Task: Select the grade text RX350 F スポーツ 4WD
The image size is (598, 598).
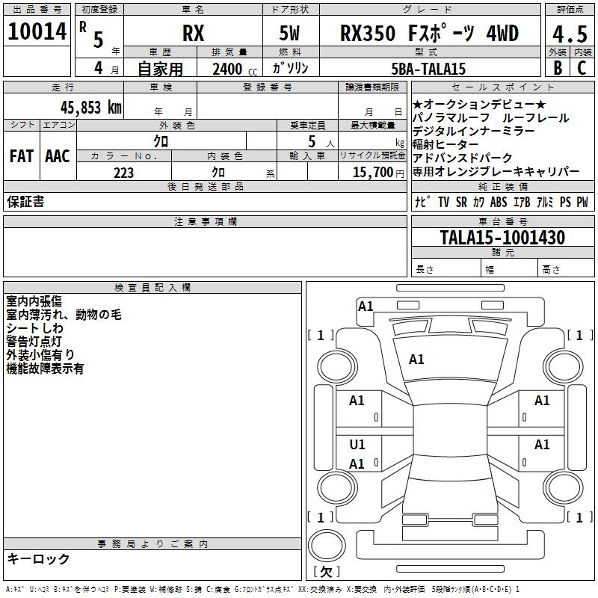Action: click(429, 33)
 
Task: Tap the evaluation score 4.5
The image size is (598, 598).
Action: click(569, 34)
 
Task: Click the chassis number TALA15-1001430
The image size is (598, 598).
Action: click(502, 238)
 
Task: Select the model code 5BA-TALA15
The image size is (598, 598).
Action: click(429, 69)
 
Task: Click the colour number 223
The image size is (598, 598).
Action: click(123, 173)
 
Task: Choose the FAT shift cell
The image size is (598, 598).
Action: click(22, 156)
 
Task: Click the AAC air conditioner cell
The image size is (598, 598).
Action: click(57, 156)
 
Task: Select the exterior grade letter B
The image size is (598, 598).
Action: click(557, 68)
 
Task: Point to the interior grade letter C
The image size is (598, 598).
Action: click(582, 68)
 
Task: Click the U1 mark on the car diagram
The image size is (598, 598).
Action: click(357, 445)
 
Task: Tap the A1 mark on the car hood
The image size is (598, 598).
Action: click(416, 360)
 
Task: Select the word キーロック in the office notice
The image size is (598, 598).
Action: click(38, 558)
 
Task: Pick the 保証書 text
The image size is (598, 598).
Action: click(25, 201)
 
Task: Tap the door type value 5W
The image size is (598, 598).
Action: click(291, 34)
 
